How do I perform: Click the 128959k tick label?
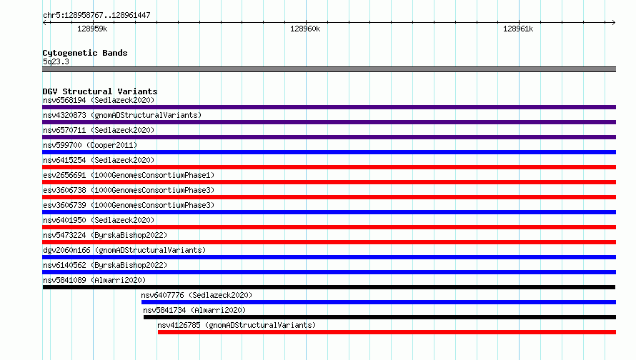point(92,29)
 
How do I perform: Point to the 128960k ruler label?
point(305,29)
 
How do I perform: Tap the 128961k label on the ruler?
point(518,29)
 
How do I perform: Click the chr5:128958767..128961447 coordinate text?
point(96,15)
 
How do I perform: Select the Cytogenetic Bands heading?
point(85,53)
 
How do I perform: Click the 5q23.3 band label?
point(56,61)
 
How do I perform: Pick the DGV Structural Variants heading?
point(100,91)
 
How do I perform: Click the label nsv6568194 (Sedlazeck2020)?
point(99,100)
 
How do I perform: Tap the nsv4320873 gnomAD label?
point(122,115)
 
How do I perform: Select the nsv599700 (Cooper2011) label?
point(90,145)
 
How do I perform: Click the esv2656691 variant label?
point(129,175)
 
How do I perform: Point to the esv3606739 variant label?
point(129,205)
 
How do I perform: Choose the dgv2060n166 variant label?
point(124,250)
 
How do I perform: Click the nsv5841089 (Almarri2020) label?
point(94,280)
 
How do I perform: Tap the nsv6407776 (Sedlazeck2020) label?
point(197,295)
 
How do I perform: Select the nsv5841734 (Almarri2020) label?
point(194,310)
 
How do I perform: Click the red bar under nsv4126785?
point(387,332)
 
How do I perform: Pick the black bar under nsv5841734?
point(379,317)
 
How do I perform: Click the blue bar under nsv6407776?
point(379,302)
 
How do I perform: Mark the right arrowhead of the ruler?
point(614,23)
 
